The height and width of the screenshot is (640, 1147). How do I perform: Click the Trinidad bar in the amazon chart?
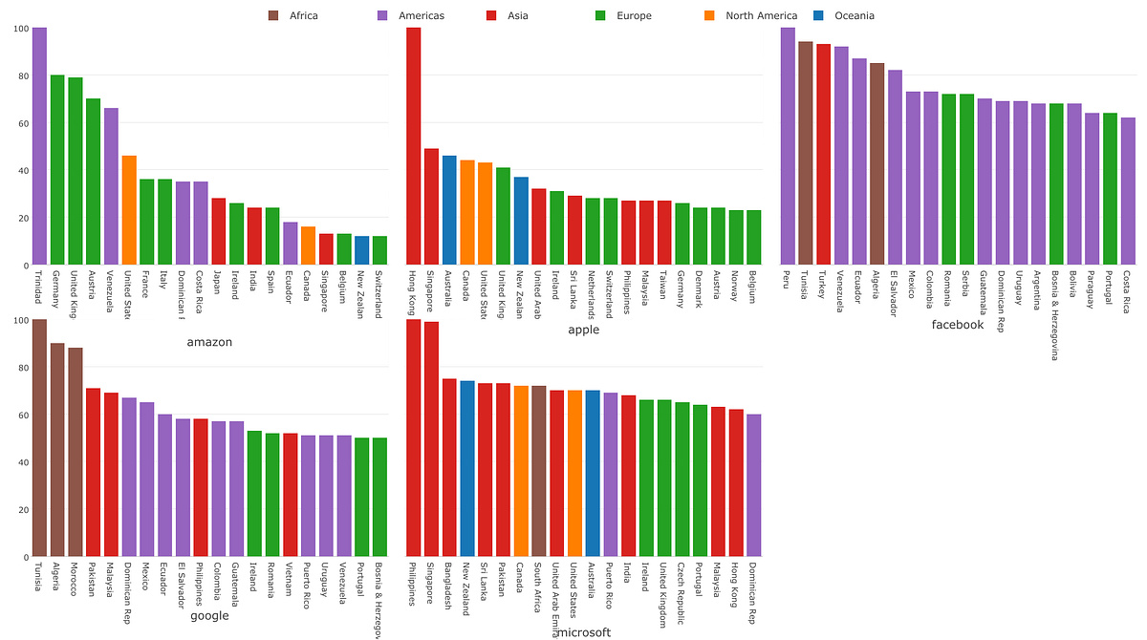click(39, 146)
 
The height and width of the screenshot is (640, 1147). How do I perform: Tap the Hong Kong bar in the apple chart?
click(414, 146)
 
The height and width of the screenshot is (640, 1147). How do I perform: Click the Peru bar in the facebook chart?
click(788, 146)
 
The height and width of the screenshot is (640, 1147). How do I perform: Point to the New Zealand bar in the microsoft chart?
click(467, 468)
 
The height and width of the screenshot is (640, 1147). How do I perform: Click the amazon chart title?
click(209, 342)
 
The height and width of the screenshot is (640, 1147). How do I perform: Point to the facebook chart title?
click(958, 325)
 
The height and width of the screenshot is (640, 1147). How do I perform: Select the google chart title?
click(209, 615)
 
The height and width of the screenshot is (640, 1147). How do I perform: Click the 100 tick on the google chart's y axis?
click(19, 320)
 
